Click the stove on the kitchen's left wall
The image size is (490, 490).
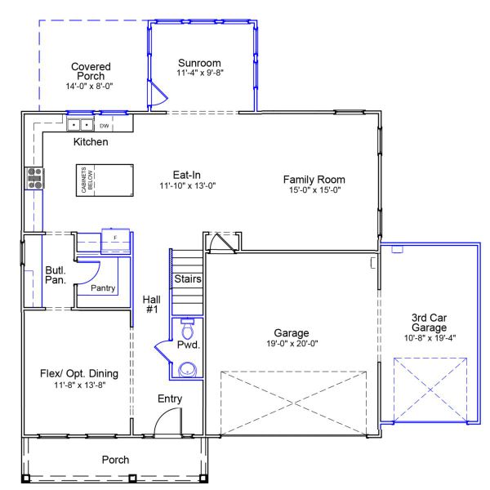pos(35,178)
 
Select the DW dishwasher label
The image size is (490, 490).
pos(104,127)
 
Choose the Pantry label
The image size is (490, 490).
pos(103,287)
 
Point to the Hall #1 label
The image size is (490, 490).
pos(151,305)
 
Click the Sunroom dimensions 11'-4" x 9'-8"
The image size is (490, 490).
pos(200,73)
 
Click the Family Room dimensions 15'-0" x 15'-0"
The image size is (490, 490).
pos(314,190)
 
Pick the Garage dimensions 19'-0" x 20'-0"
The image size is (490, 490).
pos(291,344)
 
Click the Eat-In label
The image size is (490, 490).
pos(186,174)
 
